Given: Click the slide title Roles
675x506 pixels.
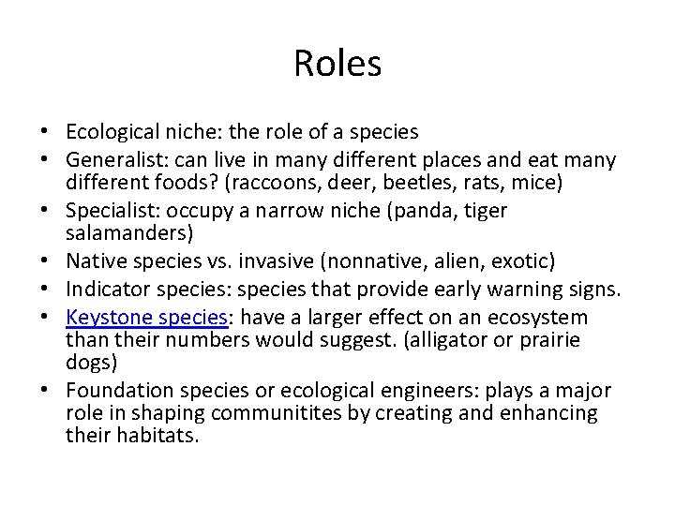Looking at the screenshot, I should pos(337,64).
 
